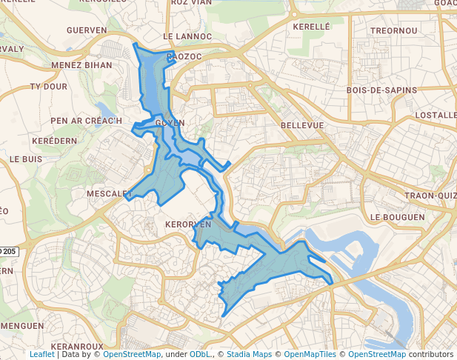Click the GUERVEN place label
[87, 30]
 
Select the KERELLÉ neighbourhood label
[311, 27]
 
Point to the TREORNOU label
[395, 30]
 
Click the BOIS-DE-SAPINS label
[381, 90]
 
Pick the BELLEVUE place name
[302, 126]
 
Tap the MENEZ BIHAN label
[81, 65]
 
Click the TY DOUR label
[48, 87]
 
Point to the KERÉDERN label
[55, 141]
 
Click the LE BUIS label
[26, 159]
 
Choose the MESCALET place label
[109, 194]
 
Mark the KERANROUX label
[78, 346]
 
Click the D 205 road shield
[9, 252]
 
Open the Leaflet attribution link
[41, 355]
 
